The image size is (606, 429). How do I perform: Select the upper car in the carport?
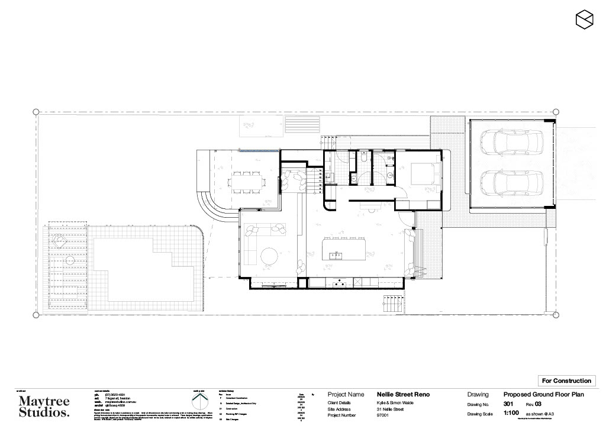(x=512, y=141)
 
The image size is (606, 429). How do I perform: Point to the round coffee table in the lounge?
(x=269, y=256)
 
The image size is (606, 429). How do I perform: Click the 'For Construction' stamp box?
(x=566, y=380)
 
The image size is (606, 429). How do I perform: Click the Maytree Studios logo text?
(x=44, y=407)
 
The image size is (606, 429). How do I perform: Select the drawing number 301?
(x=508, y=404)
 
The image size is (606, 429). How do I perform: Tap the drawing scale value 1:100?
(x=512, y=414)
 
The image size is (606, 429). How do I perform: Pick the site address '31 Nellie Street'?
(x=390, y=409)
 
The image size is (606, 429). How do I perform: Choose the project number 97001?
(x=385, y=415)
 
